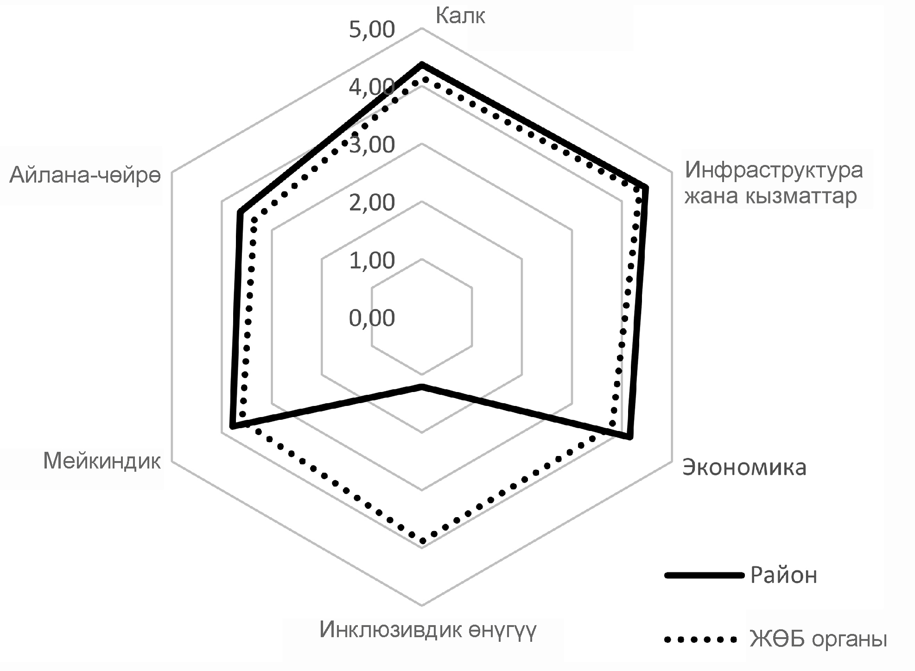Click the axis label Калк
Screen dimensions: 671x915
click(x=460, y=16)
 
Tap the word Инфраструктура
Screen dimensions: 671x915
click(x=774, y=170)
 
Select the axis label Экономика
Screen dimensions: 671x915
click(x=744, y=468)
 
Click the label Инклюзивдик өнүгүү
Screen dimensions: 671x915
click(x=428, y=630)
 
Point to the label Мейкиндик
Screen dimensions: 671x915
click(x=102, y=462)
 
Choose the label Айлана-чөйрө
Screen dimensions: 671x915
click(x=85, y=176)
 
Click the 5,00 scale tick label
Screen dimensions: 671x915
click(x=372, y=30)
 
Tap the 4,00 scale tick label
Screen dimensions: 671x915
click(x=372, y=87)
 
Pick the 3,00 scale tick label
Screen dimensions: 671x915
click(x=372, y=145)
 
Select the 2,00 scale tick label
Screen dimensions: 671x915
click(x=372, y=203)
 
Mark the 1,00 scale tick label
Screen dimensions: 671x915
click(x=372, y=261)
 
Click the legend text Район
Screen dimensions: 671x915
click(x=783, y=576)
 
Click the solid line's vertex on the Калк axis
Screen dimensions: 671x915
click(x=422, y=64)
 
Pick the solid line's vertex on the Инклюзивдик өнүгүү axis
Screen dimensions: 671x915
click(x=422, y=386)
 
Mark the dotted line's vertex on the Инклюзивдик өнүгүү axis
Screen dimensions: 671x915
click(x=422, y=541)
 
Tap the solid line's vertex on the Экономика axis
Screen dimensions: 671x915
click(x=629, y=437)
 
